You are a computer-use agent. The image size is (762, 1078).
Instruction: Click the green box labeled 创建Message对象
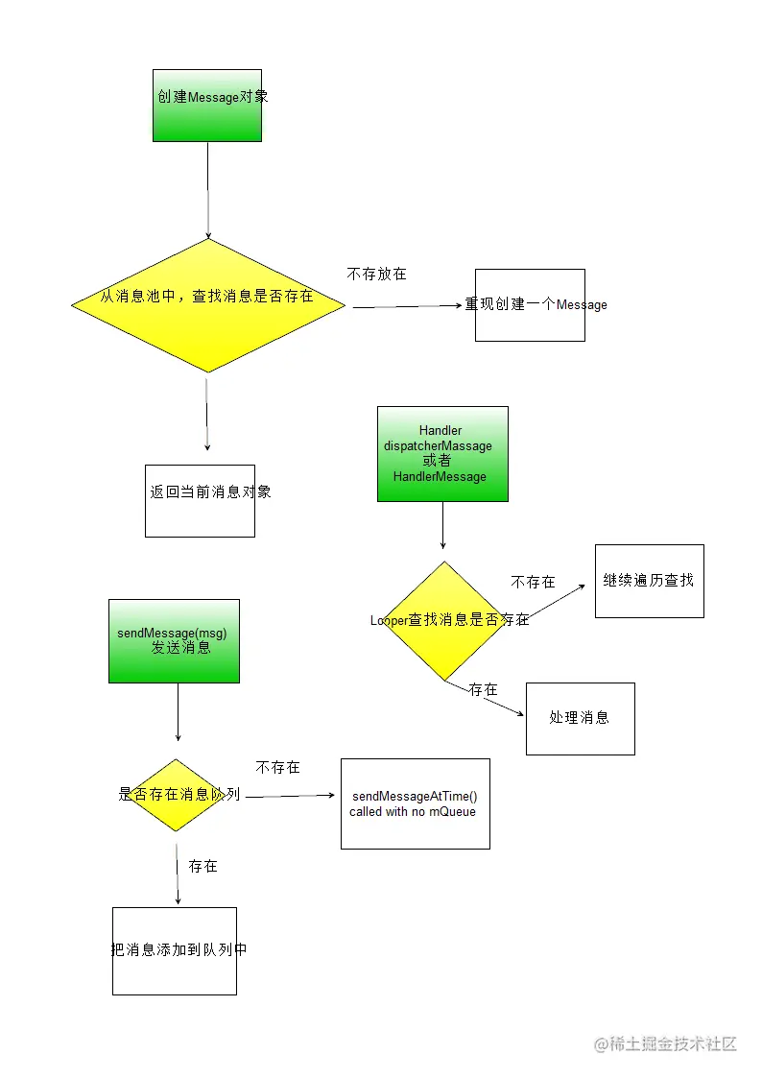click(207, 106)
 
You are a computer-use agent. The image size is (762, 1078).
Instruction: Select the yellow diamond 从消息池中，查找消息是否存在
click(207, 304)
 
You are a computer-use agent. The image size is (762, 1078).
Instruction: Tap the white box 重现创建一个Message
click(530, 305)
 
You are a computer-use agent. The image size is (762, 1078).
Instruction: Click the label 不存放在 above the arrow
click(376, 275)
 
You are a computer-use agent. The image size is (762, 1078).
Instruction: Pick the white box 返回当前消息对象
click(200, 500)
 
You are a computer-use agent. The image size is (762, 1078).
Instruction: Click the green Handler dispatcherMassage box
click(442, 453)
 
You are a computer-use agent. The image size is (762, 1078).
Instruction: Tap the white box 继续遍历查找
click(649, 581)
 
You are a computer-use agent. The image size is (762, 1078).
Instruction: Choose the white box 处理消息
click(580, 718)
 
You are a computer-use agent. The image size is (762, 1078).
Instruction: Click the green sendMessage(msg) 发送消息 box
click(174, 641)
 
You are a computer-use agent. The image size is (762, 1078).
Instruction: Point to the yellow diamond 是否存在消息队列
click(177, 795)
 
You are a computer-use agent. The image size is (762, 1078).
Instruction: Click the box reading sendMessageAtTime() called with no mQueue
click(415, 803)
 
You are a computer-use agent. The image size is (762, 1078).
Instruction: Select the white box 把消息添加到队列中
click(175, 950)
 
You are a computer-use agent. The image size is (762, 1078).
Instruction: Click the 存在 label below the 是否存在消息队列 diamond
click(203, 866)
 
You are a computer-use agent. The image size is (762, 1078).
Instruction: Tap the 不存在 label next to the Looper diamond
click(533, 583)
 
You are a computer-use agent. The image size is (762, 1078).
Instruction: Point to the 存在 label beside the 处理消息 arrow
click(484, 690)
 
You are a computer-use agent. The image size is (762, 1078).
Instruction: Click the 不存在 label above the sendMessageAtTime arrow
click(277, 768)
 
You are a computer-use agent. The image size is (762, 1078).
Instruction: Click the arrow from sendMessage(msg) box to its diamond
click(179, 711)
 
